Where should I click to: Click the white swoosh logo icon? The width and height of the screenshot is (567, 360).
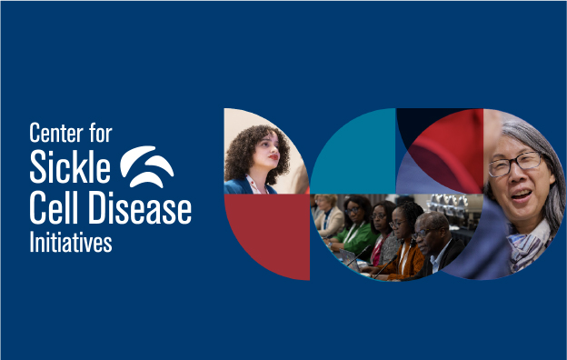pyautogui.click(x=147, y=167)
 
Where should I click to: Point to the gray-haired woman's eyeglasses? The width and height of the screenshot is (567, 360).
pyautogui.click(x=514, y=165)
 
